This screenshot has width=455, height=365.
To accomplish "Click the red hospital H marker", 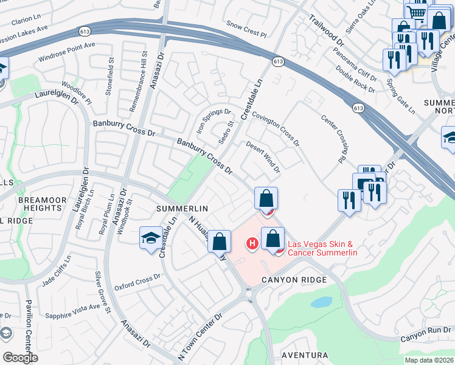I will [251, 244].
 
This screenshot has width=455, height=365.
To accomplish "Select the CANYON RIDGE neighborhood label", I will [294, 279].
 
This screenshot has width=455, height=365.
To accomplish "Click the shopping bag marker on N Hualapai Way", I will [219, 241].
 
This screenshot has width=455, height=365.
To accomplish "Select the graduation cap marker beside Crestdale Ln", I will [151, 238].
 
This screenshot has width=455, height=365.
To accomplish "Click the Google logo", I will [20, 357].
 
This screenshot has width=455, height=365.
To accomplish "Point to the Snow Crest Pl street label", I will [246, 29].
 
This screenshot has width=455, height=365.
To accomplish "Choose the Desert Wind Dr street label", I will [263, 157].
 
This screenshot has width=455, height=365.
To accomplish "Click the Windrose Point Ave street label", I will [67, 52].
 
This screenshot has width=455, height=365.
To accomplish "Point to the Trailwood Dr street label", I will [327, 32].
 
